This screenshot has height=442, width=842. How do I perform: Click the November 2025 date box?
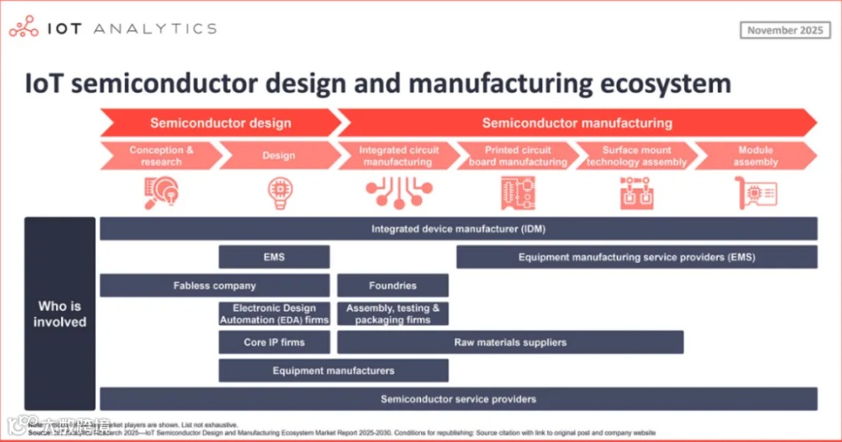pyautogui.click(x=784, y=30)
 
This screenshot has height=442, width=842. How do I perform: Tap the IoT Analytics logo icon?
pyautogui.click(x=22, y=27)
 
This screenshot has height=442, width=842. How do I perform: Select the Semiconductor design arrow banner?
pyautogui.click(x=220, y=123)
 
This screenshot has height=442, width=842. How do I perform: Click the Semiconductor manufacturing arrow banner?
pyautogui.click(x=577, y=123)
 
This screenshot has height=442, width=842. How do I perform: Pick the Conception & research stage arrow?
pyautogui.click(x=160, y=156)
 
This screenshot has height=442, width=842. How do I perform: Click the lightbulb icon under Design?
pyautogui.click(x=278, y=193)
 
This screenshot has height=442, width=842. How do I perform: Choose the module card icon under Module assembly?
pyautogui.click(x=755, y=193)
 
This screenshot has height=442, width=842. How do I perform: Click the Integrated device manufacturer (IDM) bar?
pyautogui.click(x=458, y=229)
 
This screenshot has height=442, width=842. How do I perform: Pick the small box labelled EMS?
pyautogui.click(x=274, y=257)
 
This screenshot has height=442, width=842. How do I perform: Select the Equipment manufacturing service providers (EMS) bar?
pyautogui.click(x=636, y=257)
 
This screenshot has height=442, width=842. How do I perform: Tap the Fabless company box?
pyautogui.click(x=214, y=285)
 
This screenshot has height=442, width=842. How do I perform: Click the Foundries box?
pyautogui.click(x=393, y=285)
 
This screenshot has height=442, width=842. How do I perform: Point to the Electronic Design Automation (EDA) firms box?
pyautogui.click(x=274, y=314)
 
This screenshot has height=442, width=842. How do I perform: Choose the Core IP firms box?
pyautogui.click(x=274, y=342)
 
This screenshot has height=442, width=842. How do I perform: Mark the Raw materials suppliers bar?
pyautogui.click(x=510, y=342)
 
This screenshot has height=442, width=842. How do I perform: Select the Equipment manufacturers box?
pyautogui.click(x=333, y=370)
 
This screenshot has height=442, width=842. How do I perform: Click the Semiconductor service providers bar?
pyautogui.click(x=458, y=399)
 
